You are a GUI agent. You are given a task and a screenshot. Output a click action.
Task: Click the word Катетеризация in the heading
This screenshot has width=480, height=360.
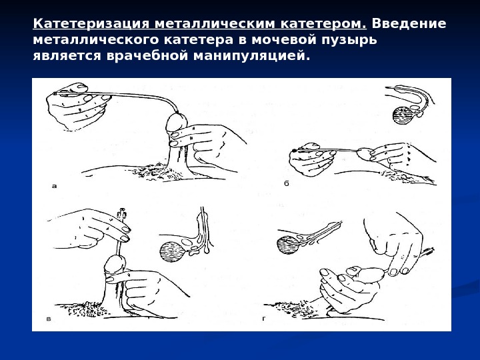91,23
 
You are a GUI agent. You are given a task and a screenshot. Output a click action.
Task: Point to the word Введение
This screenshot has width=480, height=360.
409,23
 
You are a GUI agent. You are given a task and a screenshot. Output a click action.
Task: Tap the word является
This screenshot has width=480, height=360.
67,56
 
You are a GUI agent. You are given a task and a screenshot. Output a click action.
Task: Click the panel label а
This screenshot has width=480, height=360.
55,186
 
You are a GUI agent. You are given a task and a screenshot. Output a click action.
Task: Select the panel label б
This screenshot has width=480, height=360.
287,183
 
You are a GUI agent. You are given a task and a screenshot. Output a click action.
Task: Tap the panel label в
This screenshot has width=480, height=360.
49,319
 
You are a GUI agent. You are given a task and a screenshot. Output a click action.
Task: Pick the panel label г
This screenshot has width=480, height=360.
264,319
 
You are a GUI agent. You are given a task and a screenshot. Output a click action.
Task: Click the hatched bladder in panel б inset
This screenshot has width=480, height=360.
403,115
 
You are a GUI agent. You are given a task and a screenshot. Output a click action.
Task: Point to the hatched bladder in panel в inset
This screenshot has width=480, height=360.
173,252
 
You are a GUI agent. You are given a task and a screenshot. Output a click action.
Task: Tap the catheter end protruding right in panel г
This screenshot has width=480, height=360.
430,251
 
